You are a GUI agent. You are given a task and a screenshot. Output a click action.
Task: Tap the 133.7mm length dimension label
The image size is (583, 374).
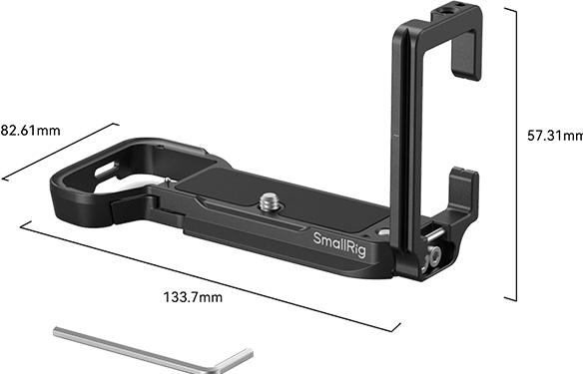[194, 295]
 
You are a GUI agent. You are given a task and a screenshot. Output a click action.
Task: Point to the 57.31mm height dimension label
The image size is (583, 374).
[555, 135]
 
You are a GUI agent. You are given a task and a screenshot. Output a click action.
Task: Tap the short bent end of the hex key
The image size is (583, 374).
[237, 357]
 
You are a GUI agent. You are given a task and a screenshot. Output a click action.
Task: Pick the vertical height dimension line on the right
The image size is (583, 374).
[516, 150]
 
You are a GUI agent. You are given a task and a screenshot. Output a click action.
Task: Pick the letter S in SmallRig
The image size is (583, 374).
[318, 239]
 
